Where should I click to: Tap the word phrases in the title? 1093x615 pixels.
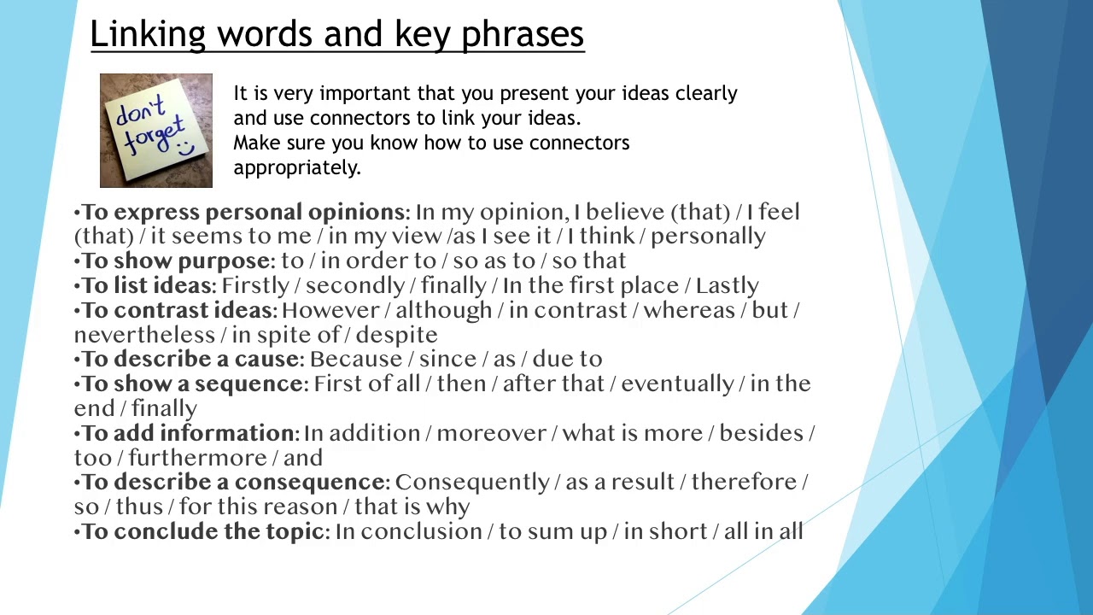pyautogui.click(x=523, y=35)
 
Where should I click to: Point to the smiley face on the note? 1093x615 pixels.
pyautogui.click(x=186, y=147)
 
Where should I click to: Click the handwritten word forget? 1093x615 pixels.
pyautogui.click(x=155, y=134)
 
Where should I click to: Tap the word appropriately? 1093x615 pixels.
pyautogui.click(x=297, y=168)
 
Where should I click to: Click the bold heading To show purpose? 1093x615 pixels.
pyautogui.click(x=175, y=261)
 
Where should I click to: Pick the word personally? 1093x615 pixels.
pyautogui.click(x=708, y=237)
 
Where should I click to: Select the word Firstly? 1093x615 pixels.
pyautogui.click(x=255, y=285)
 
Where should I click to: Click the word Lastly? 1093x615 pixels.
pyautogui.click(x=727, y=285)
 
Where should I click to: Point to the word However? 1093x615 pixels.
pyautogui.click(x=330, y=310)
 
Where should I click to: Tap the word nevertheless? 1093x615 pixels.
pyautogui.click(x=144, y=335)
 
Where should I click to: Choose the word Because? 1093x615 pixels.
pyautogui.click(x=356, y=360)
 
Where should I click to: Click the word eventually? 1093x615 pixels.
pyautogui.click(x=677, y=384)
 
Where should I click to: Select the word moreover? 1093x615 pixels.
pyautogui.click(x=491, y=433)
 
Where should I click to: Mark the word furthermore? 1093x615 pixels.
pyautogui.click(x=197, y=458)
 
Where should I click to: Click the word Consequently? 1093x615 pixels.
pyautogui.click(x=472, y=483)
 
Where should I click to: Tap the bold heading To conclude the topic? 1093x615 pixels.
pyautogui.click(x=202, y=531)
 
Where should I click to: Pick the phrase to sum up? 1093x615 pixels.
pyautogui.click(x=552, y=532)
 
